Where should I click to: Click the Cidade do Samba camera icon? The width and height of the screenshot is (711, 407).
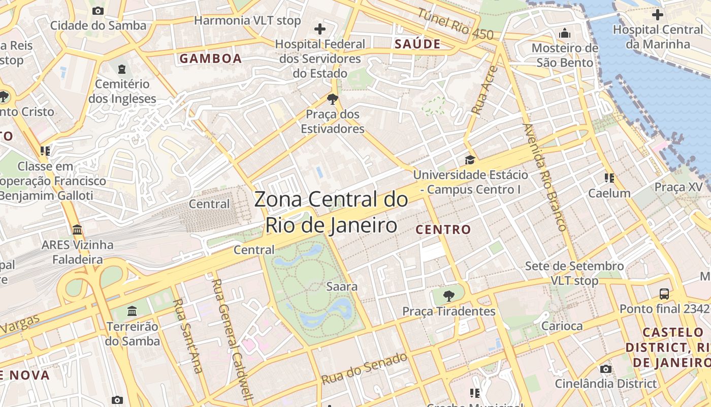(98, 11)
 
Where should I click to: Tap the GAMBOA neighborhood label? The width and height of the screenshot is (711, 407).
(210, 59)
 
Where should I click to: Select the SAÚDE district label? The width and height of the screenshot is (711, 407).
(417, 44)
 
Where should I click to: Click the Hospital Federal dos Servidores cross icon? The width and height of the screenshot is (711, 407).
(320, 29)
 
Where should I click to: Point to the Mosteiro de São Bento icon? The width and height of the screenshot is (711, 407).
(565, 34)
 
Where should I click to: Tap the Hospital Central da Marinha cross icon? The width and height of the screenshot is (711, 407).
(657, 15)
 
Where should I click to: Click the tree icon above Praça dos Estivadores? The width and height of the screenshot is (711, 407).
(332, 99)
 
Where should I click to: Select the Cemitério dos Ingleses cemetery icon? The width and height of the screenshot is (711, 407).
(122, 69)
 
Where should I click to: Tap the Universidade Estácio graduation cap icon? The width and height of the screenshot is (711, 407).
(470, 160)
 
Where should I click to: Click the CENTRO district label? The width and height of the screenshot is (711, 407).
(443, 229)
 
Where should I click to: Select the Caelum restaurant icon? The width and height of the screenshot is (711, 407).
(609, 178)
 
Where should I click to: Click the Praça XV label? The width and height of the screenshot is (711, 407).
(678, 187)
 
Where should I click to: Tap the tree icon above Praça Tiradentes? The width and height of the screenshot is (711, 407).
(448, 296)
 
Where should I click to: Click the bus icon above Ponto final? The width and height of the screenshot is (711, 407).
(664, 294)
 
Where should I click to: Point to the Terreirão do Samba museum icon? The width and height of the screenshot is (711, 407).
(132, 310)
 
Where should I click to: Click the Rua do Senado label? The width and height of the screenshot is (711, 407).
(364, 368)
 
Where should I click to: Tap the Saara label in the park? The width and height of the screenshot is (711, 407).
(342, 286)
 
